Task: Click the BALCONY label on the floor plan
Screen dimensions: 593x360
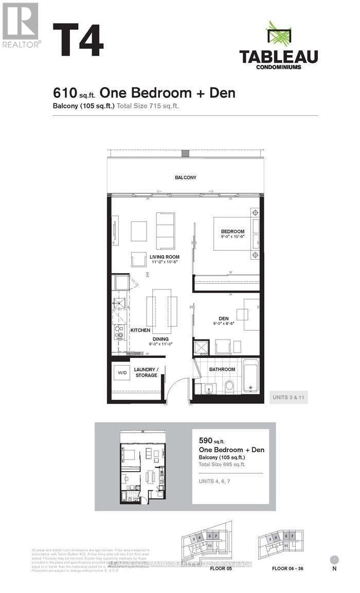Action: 185,177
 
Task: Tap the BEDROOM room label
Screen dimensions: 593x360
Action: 232,231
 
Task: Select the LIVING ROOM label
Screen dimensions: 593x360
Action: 165,257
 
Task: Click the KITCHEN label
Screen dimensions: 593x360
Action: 140,330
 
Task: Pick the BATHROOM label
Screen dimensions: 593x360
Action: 222,369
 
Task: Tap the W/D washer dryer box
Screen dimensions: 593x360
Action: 122,372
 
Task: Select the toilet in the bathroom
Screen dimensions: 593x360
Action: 229,386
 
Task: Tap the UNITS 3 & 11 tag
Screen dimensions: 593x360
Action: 289,397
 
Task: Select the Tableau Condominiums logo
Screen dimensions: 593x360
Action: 278,46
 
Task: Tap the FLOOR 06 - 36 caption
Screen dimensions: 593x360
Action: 286,569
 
